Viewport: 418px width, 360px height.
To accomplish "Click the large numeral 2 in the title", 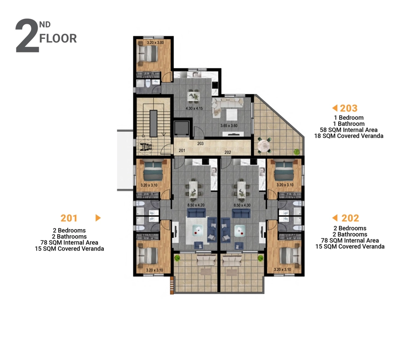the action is [26, 36].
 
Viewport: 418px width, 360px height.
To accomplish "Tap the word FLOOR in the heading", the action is [58, 38].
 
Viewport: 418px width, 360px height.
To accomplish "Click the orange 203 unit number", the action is [349, 108].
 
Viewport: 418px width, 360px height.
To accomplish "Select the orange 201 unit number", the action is [69, 218].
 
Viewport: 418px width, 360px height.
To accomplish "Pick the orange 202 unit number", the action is [350, 218].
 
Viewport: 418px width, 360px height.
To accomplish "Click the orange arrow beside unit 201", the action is [98, 218].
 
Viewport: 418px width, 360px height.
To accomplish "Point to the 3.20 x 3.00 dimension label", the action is [156, 43].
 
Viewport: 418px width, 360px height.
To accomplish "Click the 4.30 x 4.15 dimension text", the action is [194, 108].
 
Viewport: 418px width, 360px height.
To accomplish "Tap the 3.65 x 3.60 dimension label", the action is [229, 125].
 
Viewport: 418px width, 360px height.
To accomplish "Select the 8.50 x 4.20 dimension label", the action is [196, 205].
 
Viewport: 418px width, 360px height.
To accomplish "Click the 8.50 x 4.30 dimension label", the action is [242, 205].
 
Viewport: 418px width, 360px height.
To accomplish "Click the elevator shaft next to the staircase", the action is [182, 129].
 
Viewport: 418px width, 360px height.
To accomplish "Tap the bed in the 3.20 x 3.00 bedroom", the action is [148, 53].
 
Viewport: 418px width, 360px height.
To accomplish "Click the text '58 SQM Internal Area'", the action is [349, 130].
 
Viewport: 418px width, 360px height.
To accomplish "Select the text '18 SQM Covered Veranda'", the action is [349, 136].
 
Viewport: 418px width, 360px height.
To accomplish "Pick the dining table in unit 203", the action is [193, 96].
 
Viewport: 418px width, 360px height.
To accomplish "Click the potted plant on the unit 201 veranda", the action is [177, 258].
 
